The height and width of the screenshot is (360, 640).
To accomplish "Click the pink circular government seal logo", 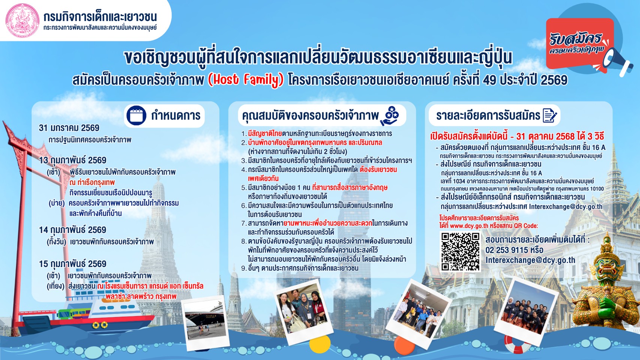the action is [22, 21].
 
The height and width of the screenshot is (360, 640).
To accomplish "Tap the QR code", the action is [460, 251].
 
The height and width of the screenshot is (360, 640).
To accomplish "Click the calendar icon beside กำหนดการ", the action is [136, 115].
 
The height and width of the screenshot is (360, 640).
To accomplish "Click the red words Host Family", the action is [246, 80].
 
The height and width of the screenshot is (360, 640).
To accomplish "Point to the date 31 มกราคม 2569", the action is [69, 128].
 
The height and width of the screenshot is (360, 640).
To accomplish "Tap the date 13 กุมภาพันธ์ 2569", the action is [72, 160].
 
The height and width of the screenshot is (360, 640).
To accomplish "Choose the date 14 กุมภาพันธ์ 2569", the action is [72, 230].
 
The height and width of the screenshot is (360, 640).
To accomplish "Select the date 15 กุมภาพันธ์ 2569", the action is [72, 264].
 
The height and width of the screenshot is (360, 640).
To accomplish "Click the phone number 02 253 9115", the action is [506, 250].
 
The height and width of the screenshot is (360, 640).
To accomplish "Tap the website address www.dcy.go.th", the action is [469, 226].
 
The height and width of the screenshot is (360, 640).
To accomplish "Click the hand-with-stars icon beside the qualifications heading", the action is [390, 115].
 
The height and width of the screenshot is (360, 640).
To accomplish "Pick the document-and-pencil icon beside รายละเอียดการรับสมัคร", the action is [550, 115].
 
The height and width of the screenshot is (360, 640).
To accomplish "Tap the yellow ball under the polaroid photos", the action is [320, 344].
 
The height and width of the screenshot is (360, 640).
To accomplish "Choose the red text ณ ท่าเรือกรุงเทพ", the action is [92, 182].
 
